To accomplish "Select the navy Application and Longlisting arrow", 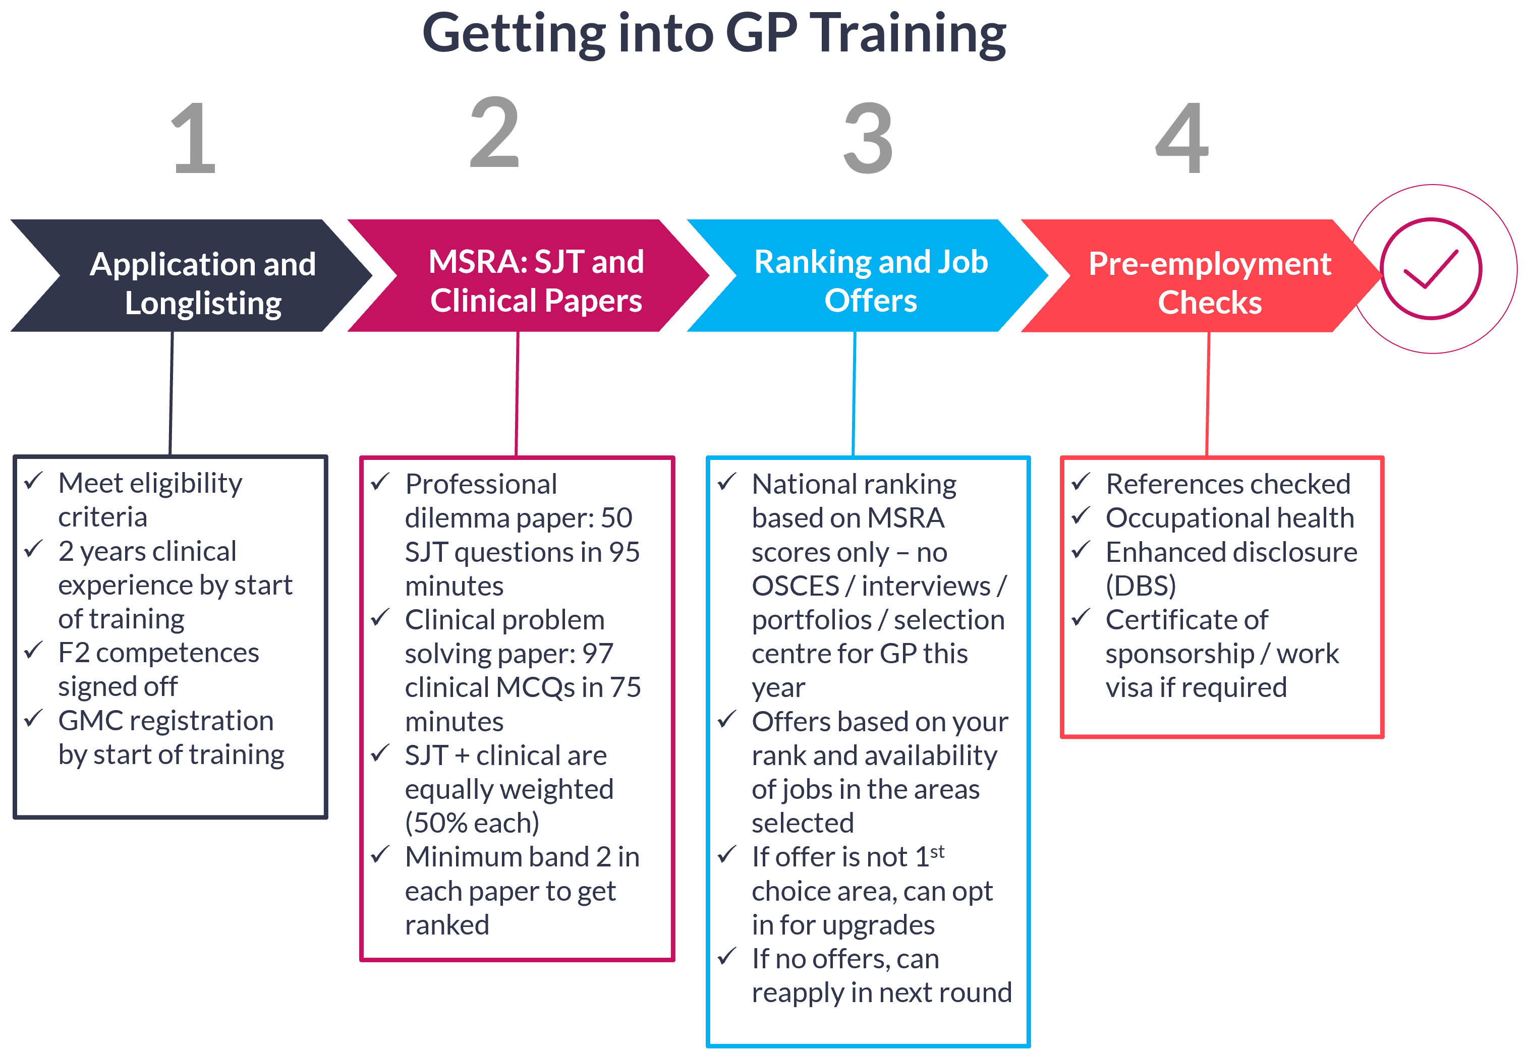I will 191,276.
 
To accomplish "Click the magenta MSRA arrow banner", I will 526,276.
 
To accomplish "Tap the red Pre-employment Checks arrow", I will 1204,276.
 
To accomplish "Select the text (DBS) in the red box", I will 1140,586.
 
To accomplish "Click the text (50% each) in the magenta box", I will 472,823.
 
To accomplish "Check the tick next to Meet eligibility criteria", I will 34,482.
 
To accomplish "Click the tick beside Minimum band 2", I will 380,855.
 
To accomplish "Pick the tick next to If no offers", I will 726,957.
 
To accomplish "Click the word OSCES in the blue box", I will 795,586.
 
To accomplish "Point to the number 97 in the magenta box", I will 597,653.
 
